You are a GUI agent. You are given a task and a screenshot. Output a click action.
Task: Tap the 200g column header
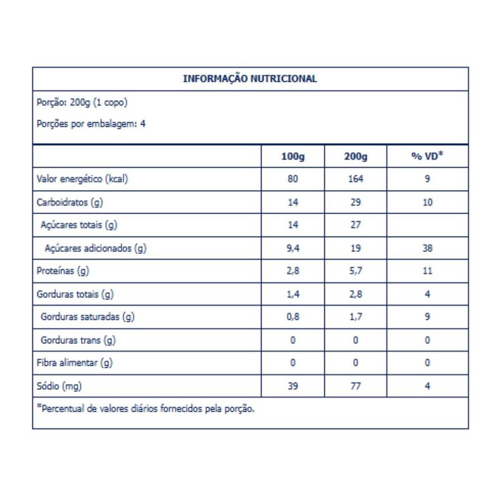point(356,157)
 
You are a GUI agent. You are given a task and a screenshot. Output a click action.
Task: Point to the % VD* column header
point(427,156)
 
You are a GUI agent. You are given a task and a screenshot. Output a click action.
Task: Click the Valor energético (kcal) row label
point(82,180)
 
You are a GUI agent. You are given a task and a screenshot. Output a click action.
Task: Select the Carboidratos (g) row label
point(70,203)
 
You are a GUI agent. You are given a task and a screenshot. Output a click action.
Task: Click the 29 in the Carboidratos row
point(356,203)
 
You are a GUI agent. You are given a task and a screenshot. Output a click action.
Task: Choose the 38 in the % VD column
point(427,248)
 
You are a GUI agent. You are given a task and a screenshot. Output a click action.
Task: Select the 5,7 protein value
point(356,271)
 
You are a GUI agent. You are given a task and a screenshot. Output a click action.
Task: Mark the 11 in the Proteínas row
point(427,271)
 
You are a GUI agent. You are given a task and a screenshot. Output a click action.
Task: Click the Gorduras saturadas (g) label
point(88,317)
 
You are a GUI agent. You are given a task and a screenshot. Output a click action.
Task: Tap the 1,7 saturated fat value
point(356,317)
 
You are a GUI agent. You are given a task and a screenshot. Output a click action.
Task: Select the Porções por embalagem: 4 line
point(91,124)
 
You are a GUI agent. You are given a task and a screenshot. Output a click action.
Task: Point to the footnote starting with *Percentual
point(147,410)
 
